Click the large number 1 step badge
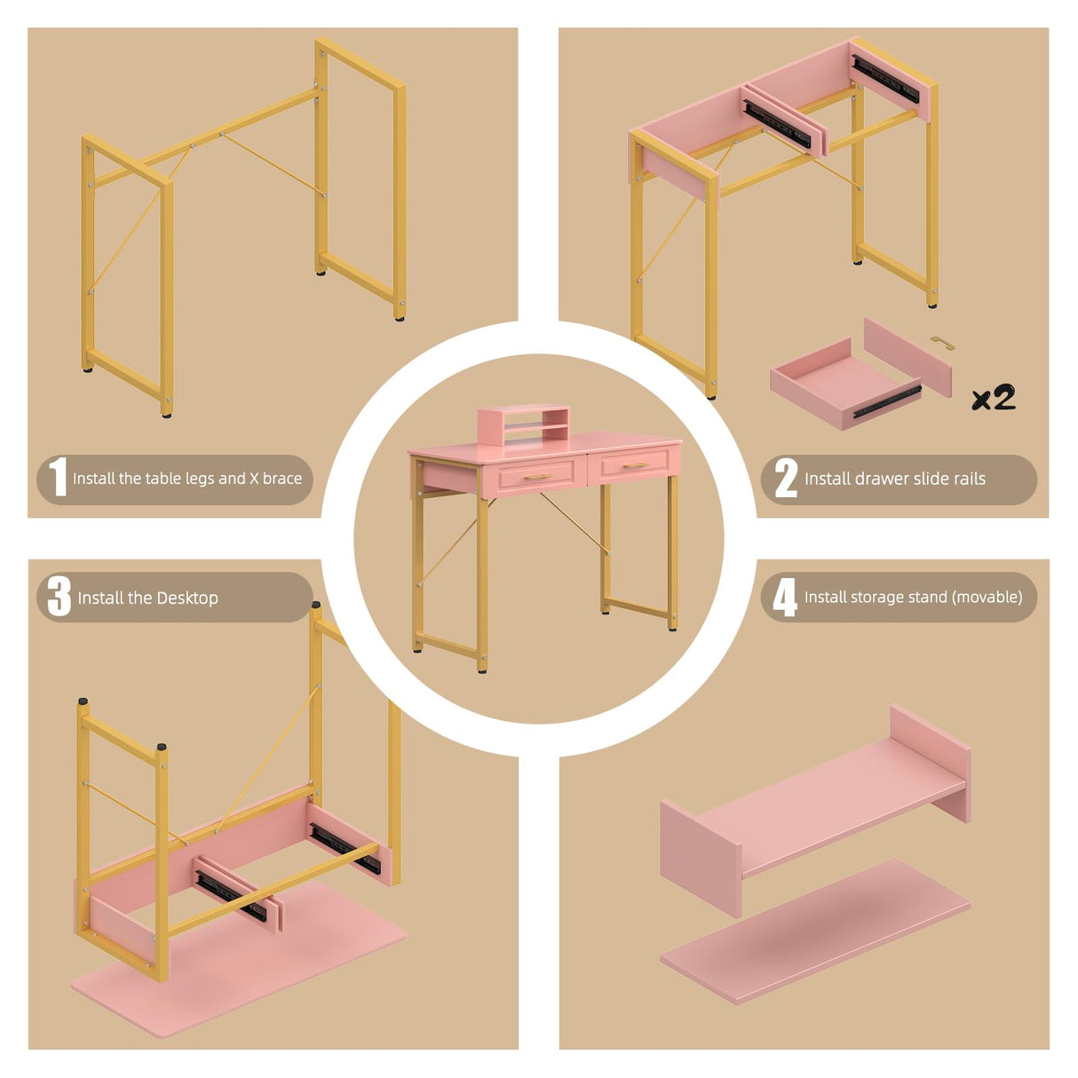click(x=58, y=477)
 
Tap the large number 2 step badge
click(x=786, y=478)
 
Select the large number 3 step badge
click(x=59, y=597)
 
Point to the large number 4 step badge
click(x=785, y=597)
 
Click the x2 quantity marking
click(x=994, y=398)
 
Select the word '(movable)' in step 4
click(x=988, y=598)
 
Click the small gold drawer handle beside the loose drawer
click(x=943, y=343)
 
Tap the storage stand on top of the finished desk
click(x=523, y=424)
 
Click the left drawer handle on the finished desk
click(x=537, y=477)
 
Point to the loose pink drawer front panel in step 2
click(x=908, y=357)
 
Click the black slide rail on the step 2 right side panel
click(x=885, y=79)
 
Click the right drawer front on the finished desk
click(x=634, y=464)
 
